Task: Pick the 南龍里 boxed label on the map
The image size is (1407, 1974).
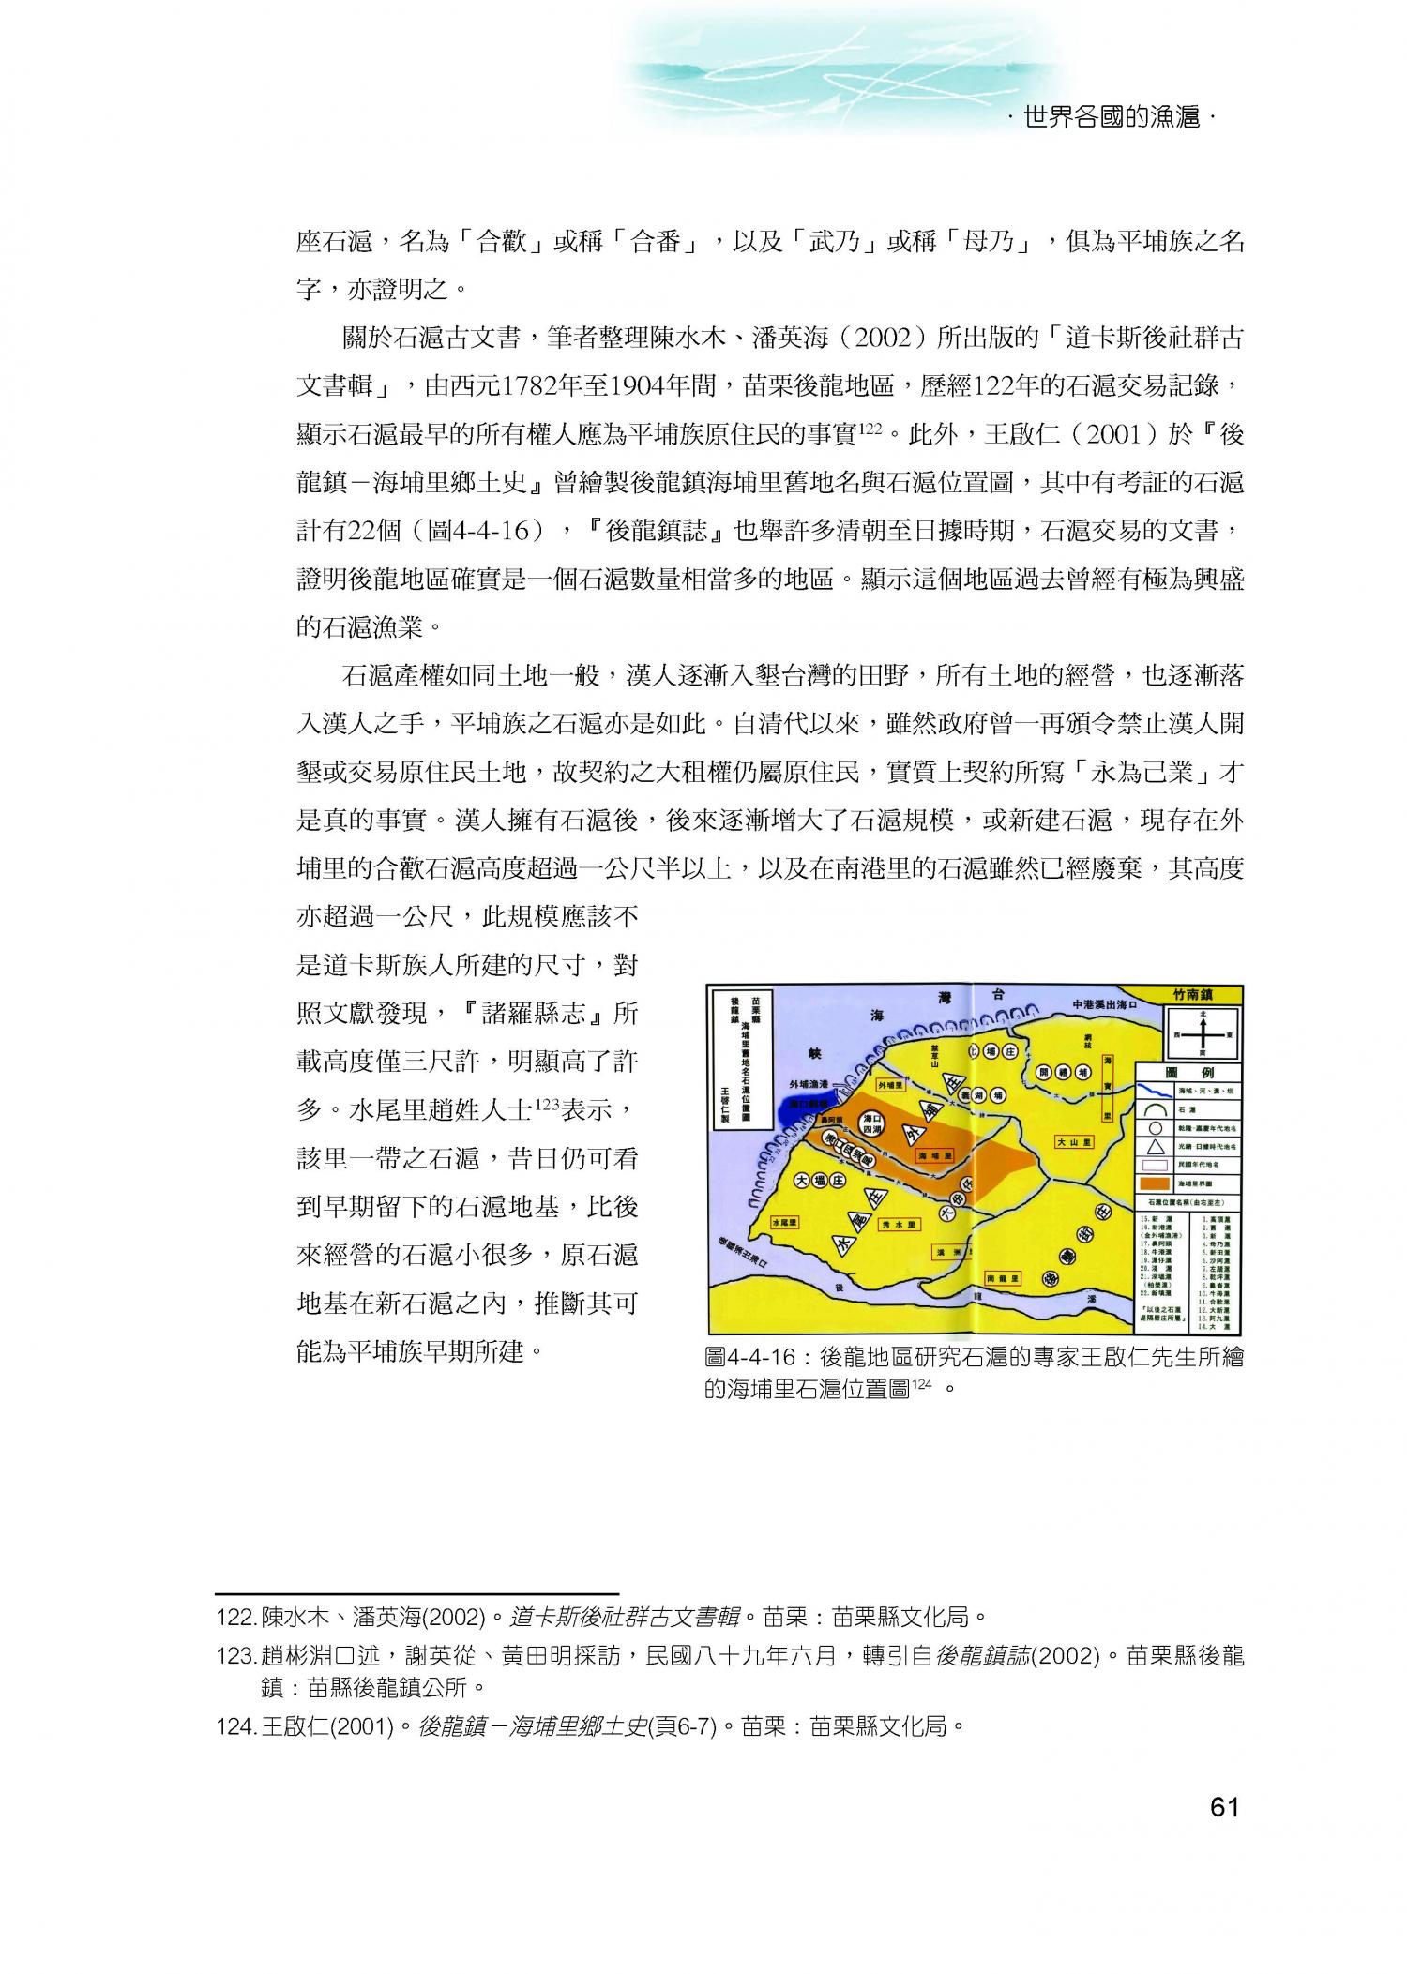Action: (x=1003, y=1278)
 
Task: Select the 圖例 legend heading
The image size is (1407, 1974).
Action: (x=1188, y=1073)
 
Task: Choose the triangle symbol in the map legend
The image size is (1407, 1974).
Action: (x=1156, y=1146)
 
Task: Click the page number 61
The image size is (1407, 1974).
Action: (x=1225, y=1833)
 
